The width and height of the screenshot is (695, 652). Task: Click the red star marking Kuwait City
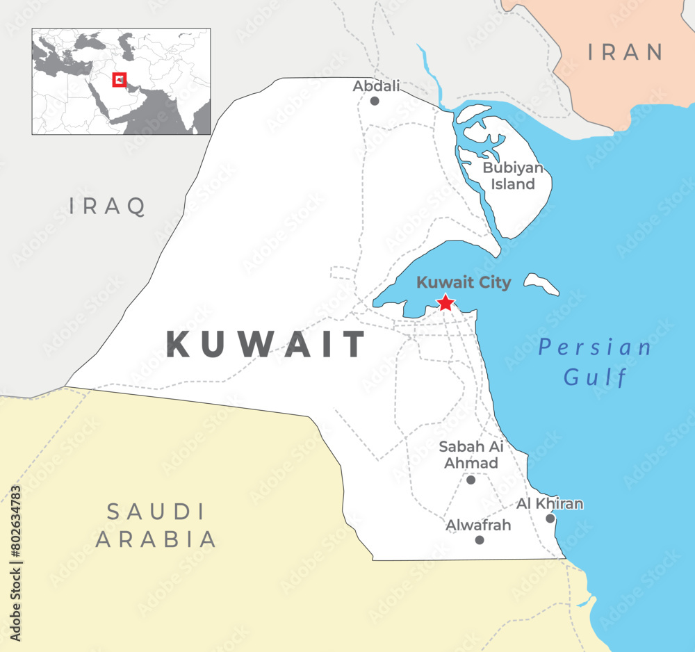point(445,303)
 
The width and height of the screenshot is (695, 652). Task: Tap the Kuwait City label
point(464,283)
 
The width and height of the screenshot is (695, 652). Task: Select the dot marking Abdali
point(375,101)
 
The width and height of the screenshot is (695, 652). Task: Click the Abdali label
point(377,86)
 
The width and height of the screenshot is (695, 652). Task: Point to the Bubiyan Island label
point(513,176)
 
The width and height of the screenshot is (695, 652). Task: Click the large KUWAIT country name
point(266,345)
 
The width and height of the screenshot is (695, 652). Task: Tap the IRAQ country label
point(108,206)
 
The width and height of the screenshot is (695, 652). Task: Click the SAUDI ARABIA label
point(156,525)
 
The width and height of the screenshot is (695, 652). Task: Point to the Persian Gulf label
point(596,362)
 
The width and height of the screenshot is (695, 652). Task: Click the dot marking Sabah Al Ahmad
point(471,480)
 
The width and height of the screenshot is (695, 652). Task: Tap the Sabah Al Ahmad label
point(471,455)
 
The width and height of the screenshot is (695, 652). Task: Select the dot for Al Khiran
point(550,518)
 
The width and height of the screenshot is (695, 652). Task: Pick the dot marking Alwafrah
point(479,539)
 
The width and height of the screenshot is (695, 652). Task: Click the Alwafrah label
point(478,525)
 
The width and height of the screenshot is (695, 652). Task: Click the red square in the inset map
point(120,80)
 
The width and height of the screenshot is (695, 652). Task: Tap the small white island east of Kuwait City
point(541,283)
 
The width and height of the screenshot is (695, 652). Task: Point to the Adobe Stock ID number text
point(16,563)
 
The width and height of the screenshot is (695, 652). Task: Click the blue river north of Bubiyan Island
point(433,73)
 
